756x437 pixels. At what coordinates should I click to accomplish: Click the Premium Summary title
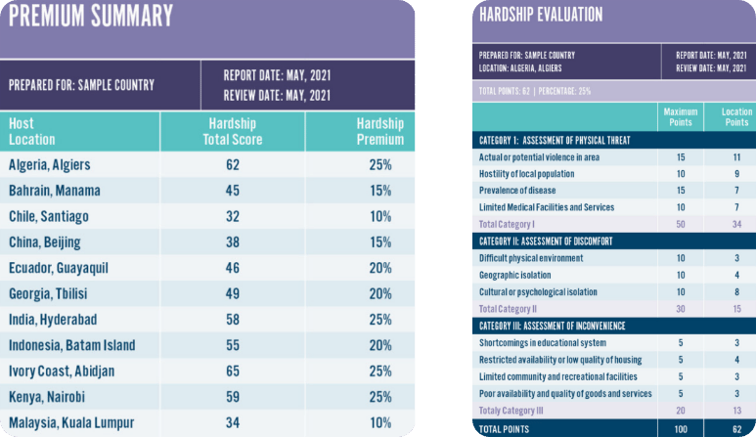click(x=91, y=17)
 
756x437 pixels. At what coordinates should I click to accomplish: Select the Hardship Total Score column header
click(x=233, y=131)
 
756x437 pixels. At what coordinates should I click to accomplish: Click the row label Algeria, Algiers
click(x=48, y=165)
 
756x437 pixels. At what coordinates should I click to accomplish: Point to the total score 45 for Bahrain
click(x=233, y=191)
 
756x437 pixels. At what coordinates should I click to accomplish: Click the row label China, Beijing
click(x=45, y=242)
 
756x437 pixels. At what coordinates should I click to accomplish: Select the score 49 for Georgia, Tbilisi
click(x=233, y=294)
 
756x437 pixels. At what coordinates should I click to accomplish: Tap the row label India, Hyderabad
click(x=53, y=320)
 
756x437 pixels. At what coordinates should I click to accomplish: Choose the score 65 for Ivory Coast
click(x=233, y=371)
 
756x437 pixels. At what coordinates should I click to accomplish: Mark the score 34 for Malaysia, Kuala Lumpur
click(x=233, y=423)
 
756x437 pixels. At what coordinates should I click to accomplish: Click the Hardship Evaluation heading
click(x=540, y=15)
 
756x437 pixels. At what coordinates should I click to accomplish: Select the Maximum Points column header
click(x=680, y=117)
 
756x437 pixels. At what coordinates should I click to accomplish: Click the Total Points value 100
click(x=680, y=428)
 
